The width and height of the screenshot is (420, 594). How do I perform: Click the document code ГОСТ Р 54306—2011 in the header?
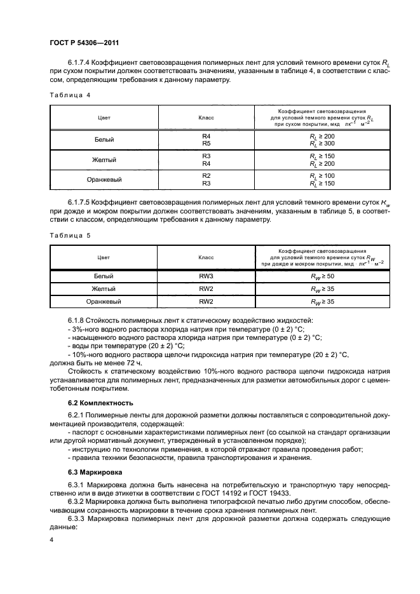click(x=85, y=43)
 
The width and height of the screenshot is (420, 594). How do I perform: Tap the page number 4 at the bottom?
click(x=51, y=539)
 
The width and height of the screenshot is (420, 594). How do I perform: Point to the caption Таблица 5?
click(x=70, y=235)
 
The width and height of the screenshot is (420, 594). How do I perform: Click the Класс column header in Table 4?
click(x=206, y=118)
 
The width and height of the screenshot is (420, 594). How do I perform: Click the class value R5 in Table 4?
click(x=206, y=144)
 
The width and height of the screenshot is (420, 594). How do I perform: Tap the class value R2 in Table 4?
click(x=206, y=175)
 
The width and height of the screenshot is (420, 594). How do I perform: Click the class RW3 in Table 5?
click(x=206, y=277)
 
